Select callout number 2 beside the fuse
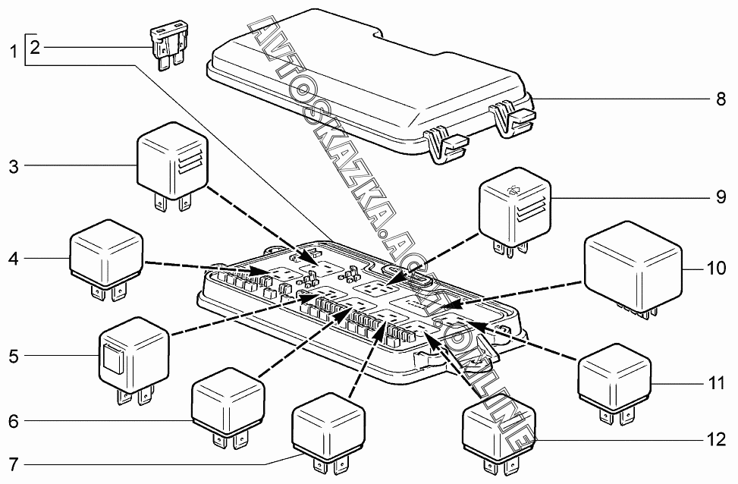35,48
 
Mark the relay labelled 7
329,425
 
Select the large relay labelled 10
634,266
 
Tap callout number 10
715,269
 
